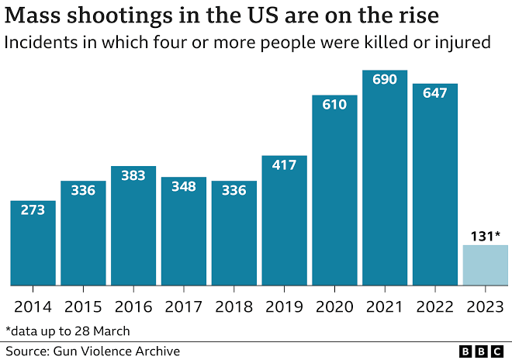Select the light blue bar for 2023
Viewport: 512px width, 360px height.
pyautogui.click(x=485, y=265)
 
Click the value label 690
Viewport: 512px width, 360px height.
pyautogui.click(x=384, y=80)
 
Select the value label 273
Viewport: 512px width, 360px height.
pyautogui.click(x=33, y=210)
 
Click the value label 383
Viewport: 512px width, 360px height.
pyautogui.click(x=133, y=176)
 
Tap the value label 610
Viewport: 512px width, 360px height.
pyautogui.click(x=334, y=105)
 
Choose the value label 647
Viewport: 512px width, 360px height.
pyautogui.click(x=434, y=92)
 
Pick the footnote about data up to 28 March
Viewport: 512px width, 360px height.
pyautogui.click(x=67, y=331)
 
